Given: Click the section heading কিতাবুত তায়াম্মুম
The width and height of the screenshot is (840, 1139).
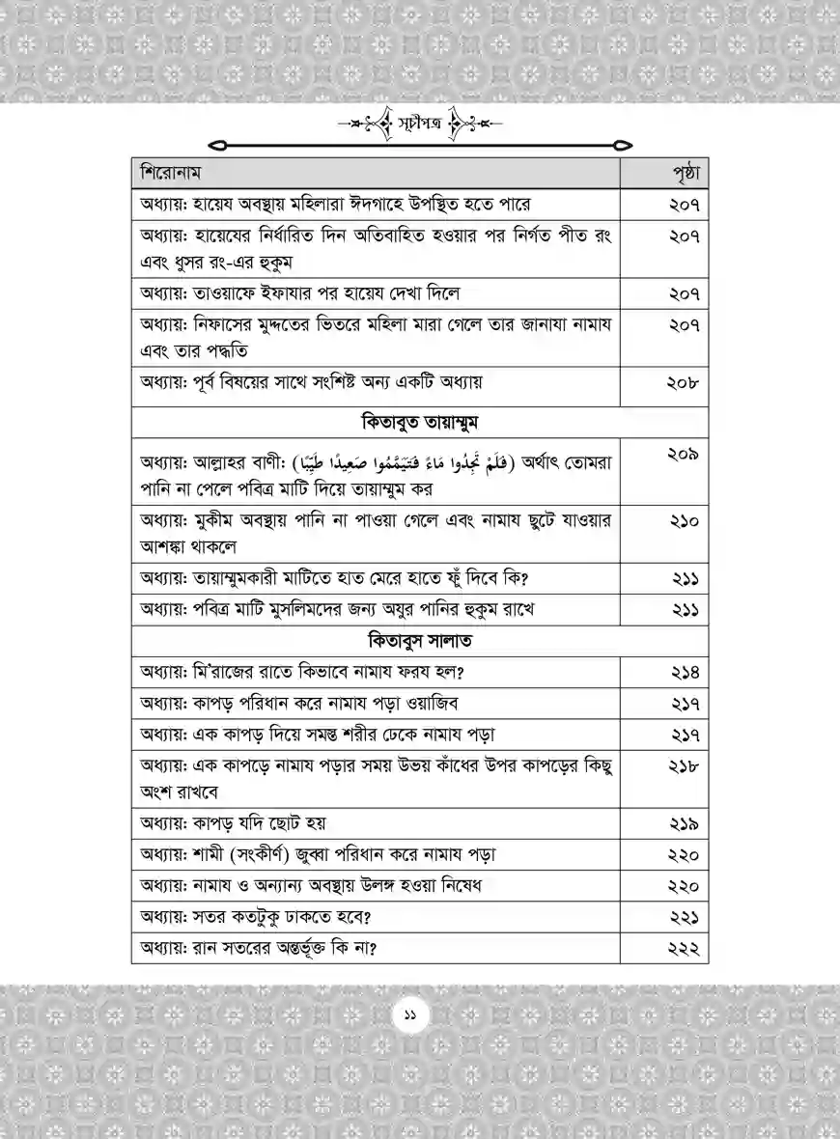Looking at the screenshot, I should (420, 422).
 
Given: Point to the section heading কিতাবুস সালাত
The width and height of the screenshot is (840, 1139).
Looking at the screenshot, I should (420, 641).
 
